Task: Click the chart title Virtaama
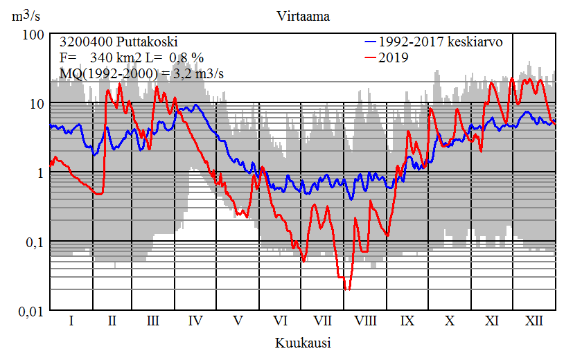[302, 16]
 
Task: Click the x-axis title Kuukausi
[302, 343]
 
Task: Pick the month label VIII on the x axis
[365, 321]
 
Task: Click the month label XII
[533, 321]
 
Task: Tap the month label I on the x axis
[71, 321]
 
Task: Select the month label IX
[407, 321]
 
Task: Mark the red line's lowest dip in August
[348, 289]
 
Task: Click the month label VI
[281, 321]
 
